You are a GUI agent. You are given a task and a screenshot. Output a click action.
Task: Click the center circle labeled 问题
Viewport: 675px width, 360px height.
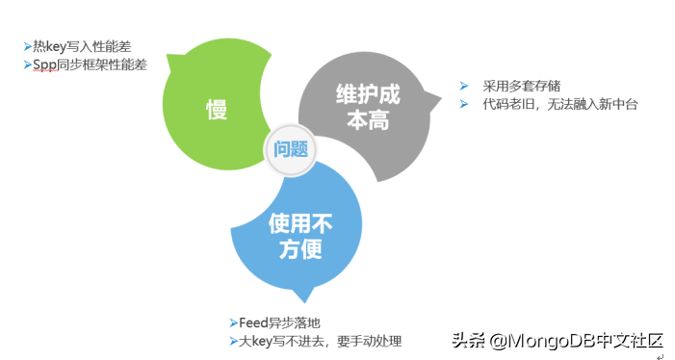tap(290, 149)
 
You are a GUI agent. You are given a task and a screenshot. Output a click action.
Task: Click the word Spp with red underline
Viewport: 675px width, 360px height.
tap(45, 64)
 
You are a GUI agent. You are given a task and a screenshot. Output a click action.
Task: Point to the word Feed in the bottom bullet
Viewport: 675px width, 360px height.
tap(253, 322)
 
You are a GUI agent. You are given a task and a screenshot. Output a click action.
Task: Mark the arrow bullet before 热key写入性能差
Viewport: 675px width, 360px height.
tap(27, 45)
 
